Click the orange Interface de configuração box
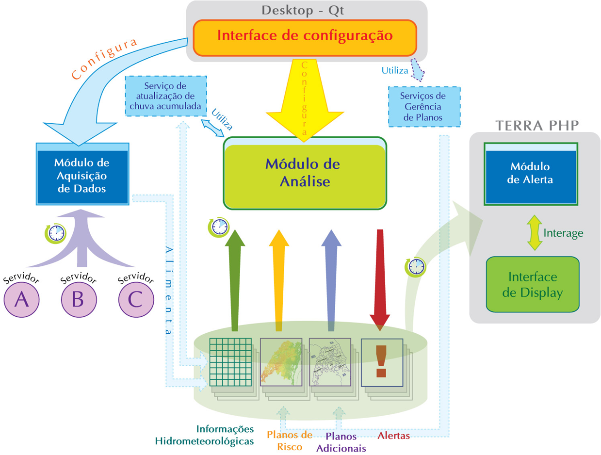point(305,37)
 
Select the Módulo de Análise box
point(305,173)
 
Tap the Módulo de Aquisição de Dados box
point(82,175)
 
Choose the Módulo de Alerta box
point(531,174)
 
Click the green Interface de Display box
point(533,285)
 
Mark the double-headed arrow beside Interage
point(534,233)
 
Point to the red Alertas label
point(393,436)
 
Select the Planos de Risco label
point(290,440)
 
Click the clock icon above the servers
point(55,232)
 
